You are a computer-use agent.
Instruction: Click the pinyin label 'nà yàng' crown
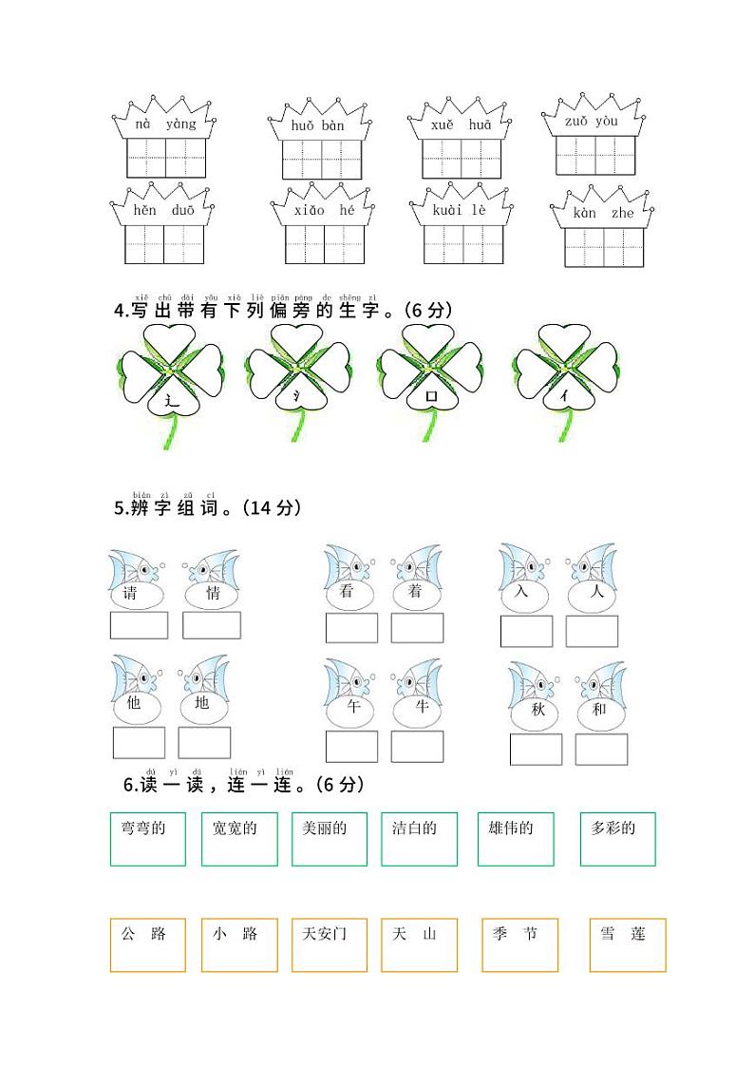(x=165, y=123)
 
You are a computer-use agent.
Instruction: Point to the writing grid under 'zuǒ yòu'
(x=595, y=156)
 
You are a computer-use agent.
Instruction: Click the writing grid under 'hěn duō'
(x=164, y=244)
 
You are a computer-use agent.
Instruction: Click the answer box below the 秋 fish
(x=536, y=750)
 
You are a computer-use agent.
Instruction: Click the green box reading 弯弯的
(x=147, y=839)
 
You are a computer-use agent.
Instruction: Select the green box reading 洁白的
(x=419, y=839)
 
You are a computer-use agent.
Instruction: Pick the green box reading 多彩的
(x=617, y=839)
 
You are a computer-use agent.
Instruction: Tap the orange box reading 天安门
(x=329, y=944)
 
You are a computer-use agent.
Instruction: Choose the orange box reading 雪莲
(x=627, y=944)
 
